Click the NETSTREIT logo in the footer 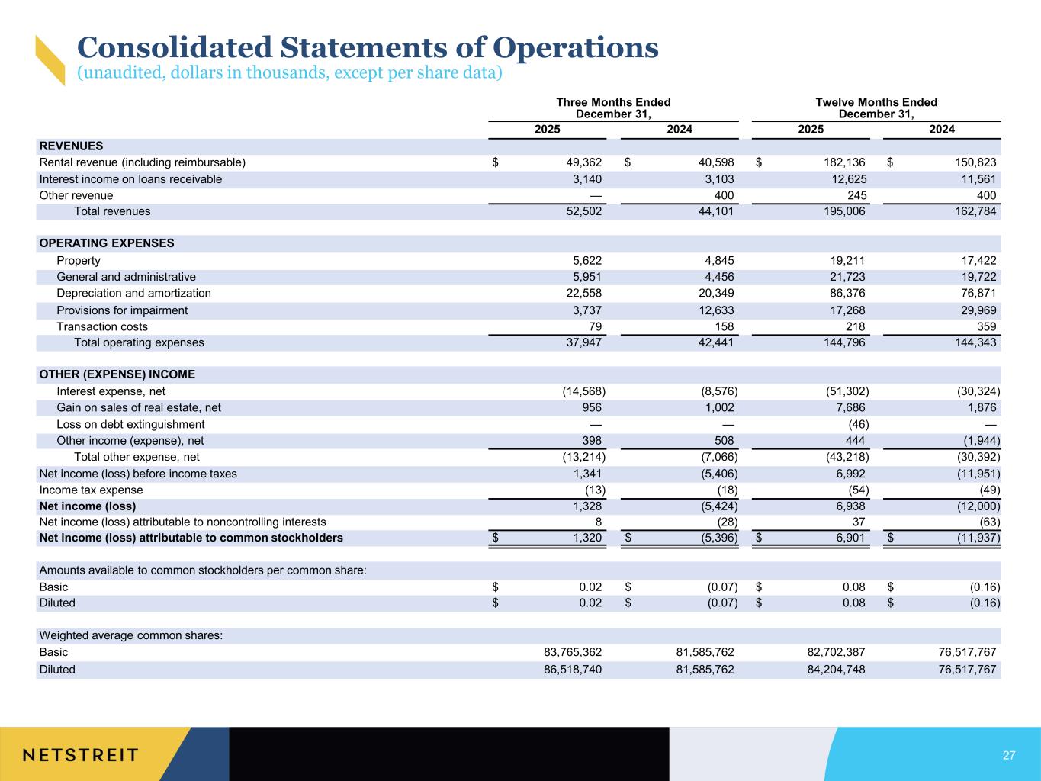pos(81,755)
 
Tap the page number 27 pos(1009,755)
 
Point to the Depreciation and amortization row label pos(133,293)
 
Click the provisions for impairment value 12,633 pos(715,310)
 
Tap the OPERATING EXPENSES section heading pos(107,243)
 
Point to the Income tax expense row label pos(91,490)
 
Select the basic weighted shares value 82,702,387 pos(826,652)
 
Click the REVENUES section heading pos(71,146)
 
